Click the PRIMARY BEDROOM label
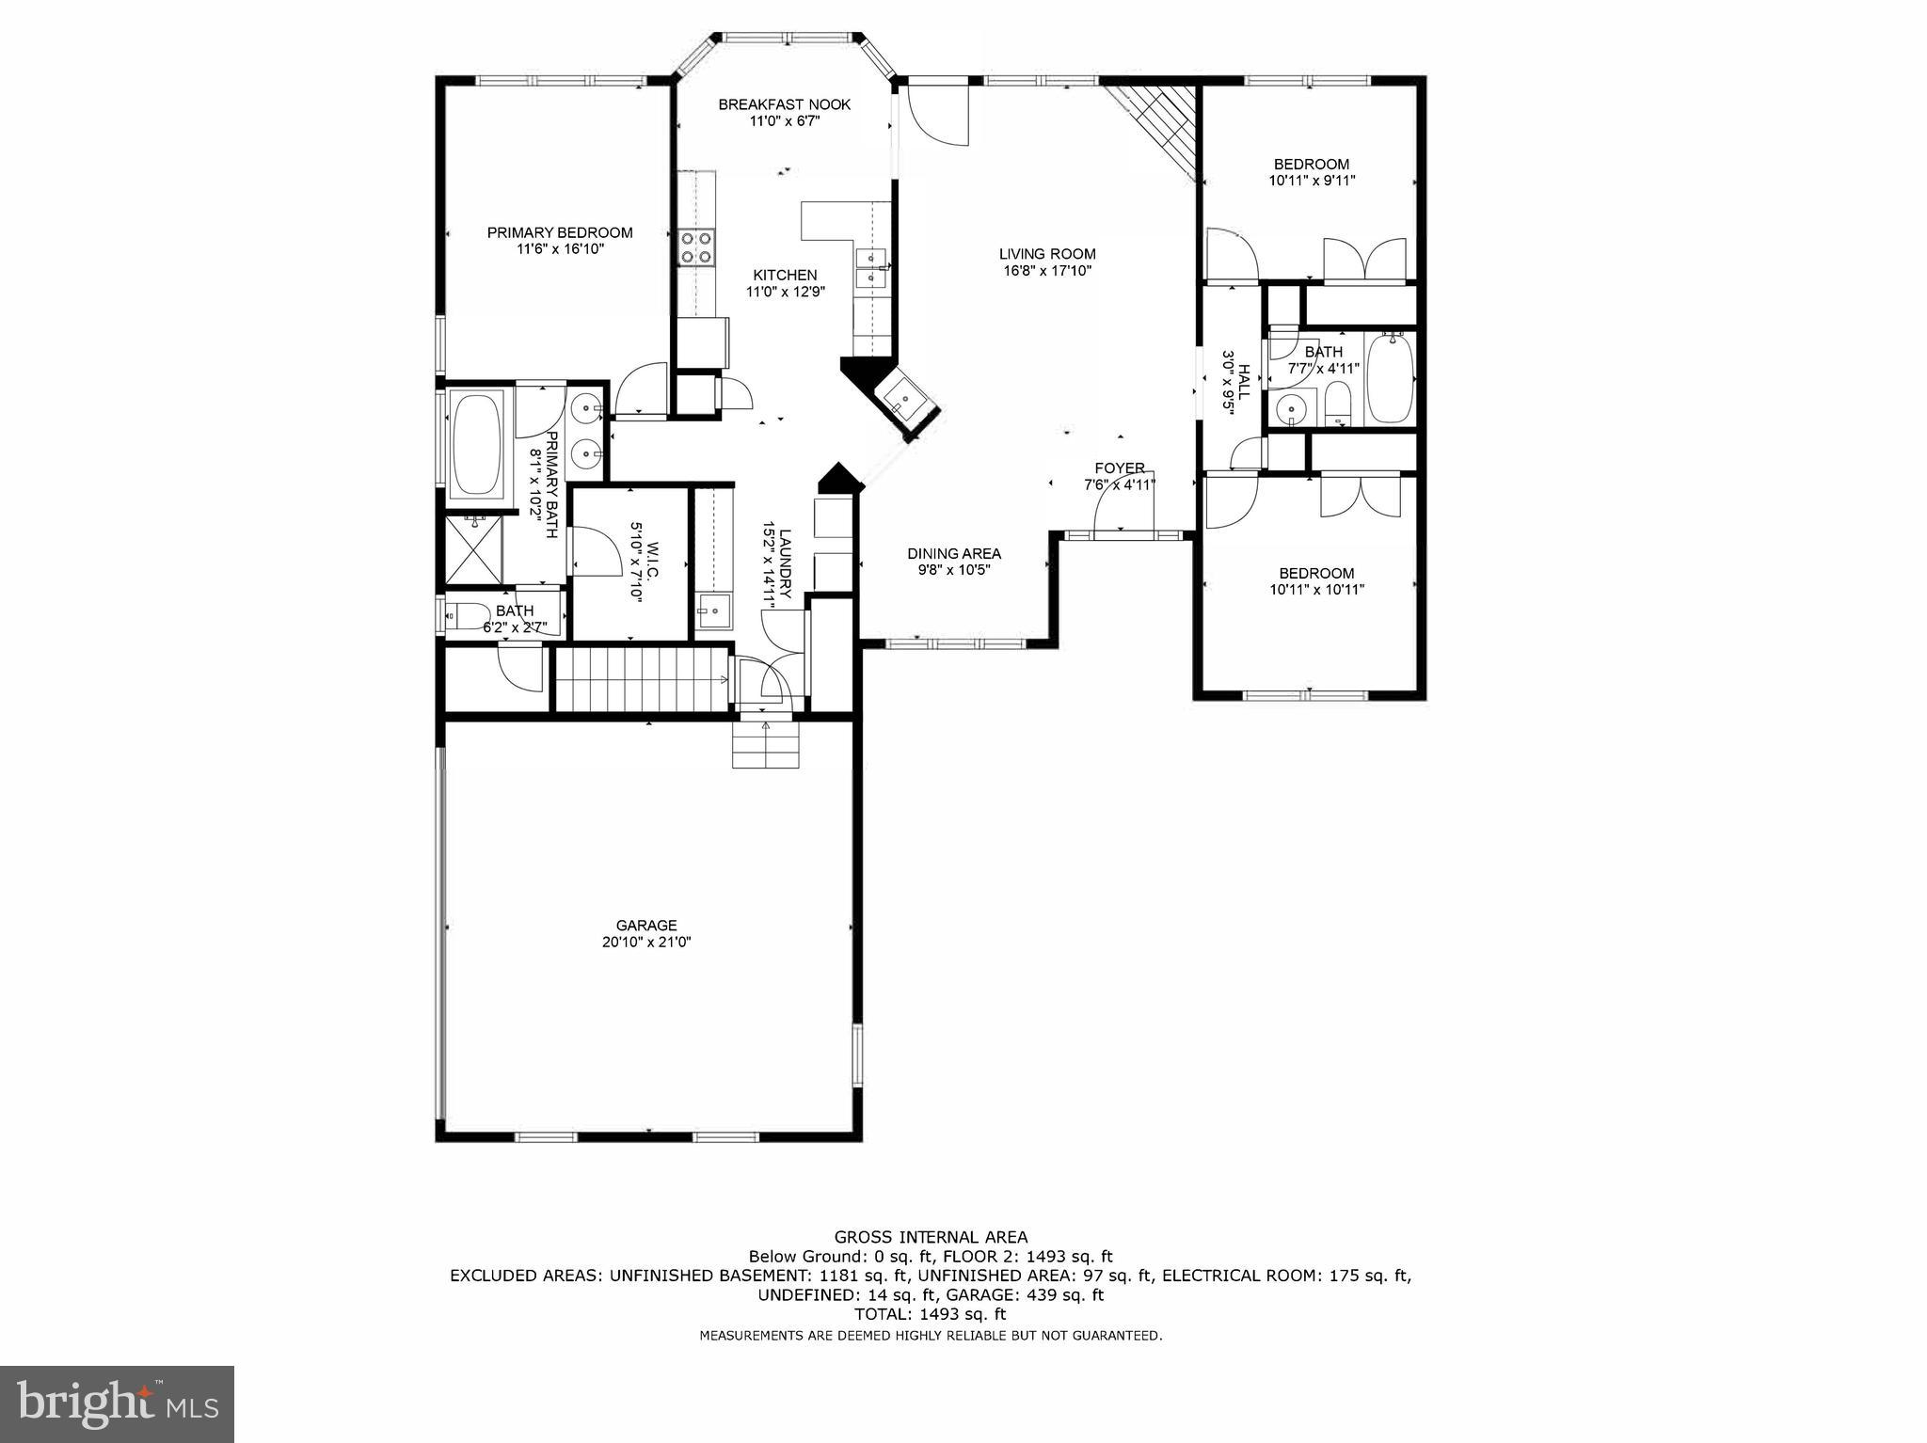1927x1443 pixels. pyautogui.click(x=559, y=232)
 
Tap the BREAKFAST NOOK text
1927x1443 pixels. pyautogui.click(x=784, y=104)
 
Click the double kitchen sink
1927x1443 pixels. pyautogui.click(x=872, y=267)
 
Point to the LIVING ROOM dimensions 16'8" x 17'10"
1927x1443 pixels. pyautogui.click(x=1046, y=271)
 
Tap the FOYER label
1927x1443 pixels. pyautogui.click(x=1119, y=468)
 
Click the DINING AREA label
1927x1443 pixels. pyautogui.click(x=953, y=553)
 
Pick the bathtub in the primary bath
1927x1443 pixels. pyautogui.click(x=477, y=444)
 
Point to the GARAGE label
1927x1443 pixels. pyautogui.click(x=646, y=925)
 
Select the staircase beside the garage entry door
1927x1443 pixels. pyautogui.click(x=642, y=678)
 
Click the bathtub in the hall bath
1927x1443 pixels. pyautogui.click(x=1390, y=378)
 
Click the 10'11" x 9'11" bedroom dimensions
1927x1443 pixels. pyautogui.click(x=1312, y=181)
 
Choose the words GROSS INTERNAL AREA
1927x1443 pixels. pyautogui.click(x=931, y=1237)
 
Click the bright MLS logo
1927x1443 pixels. pyautogui.click(x=117, y=1403)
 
